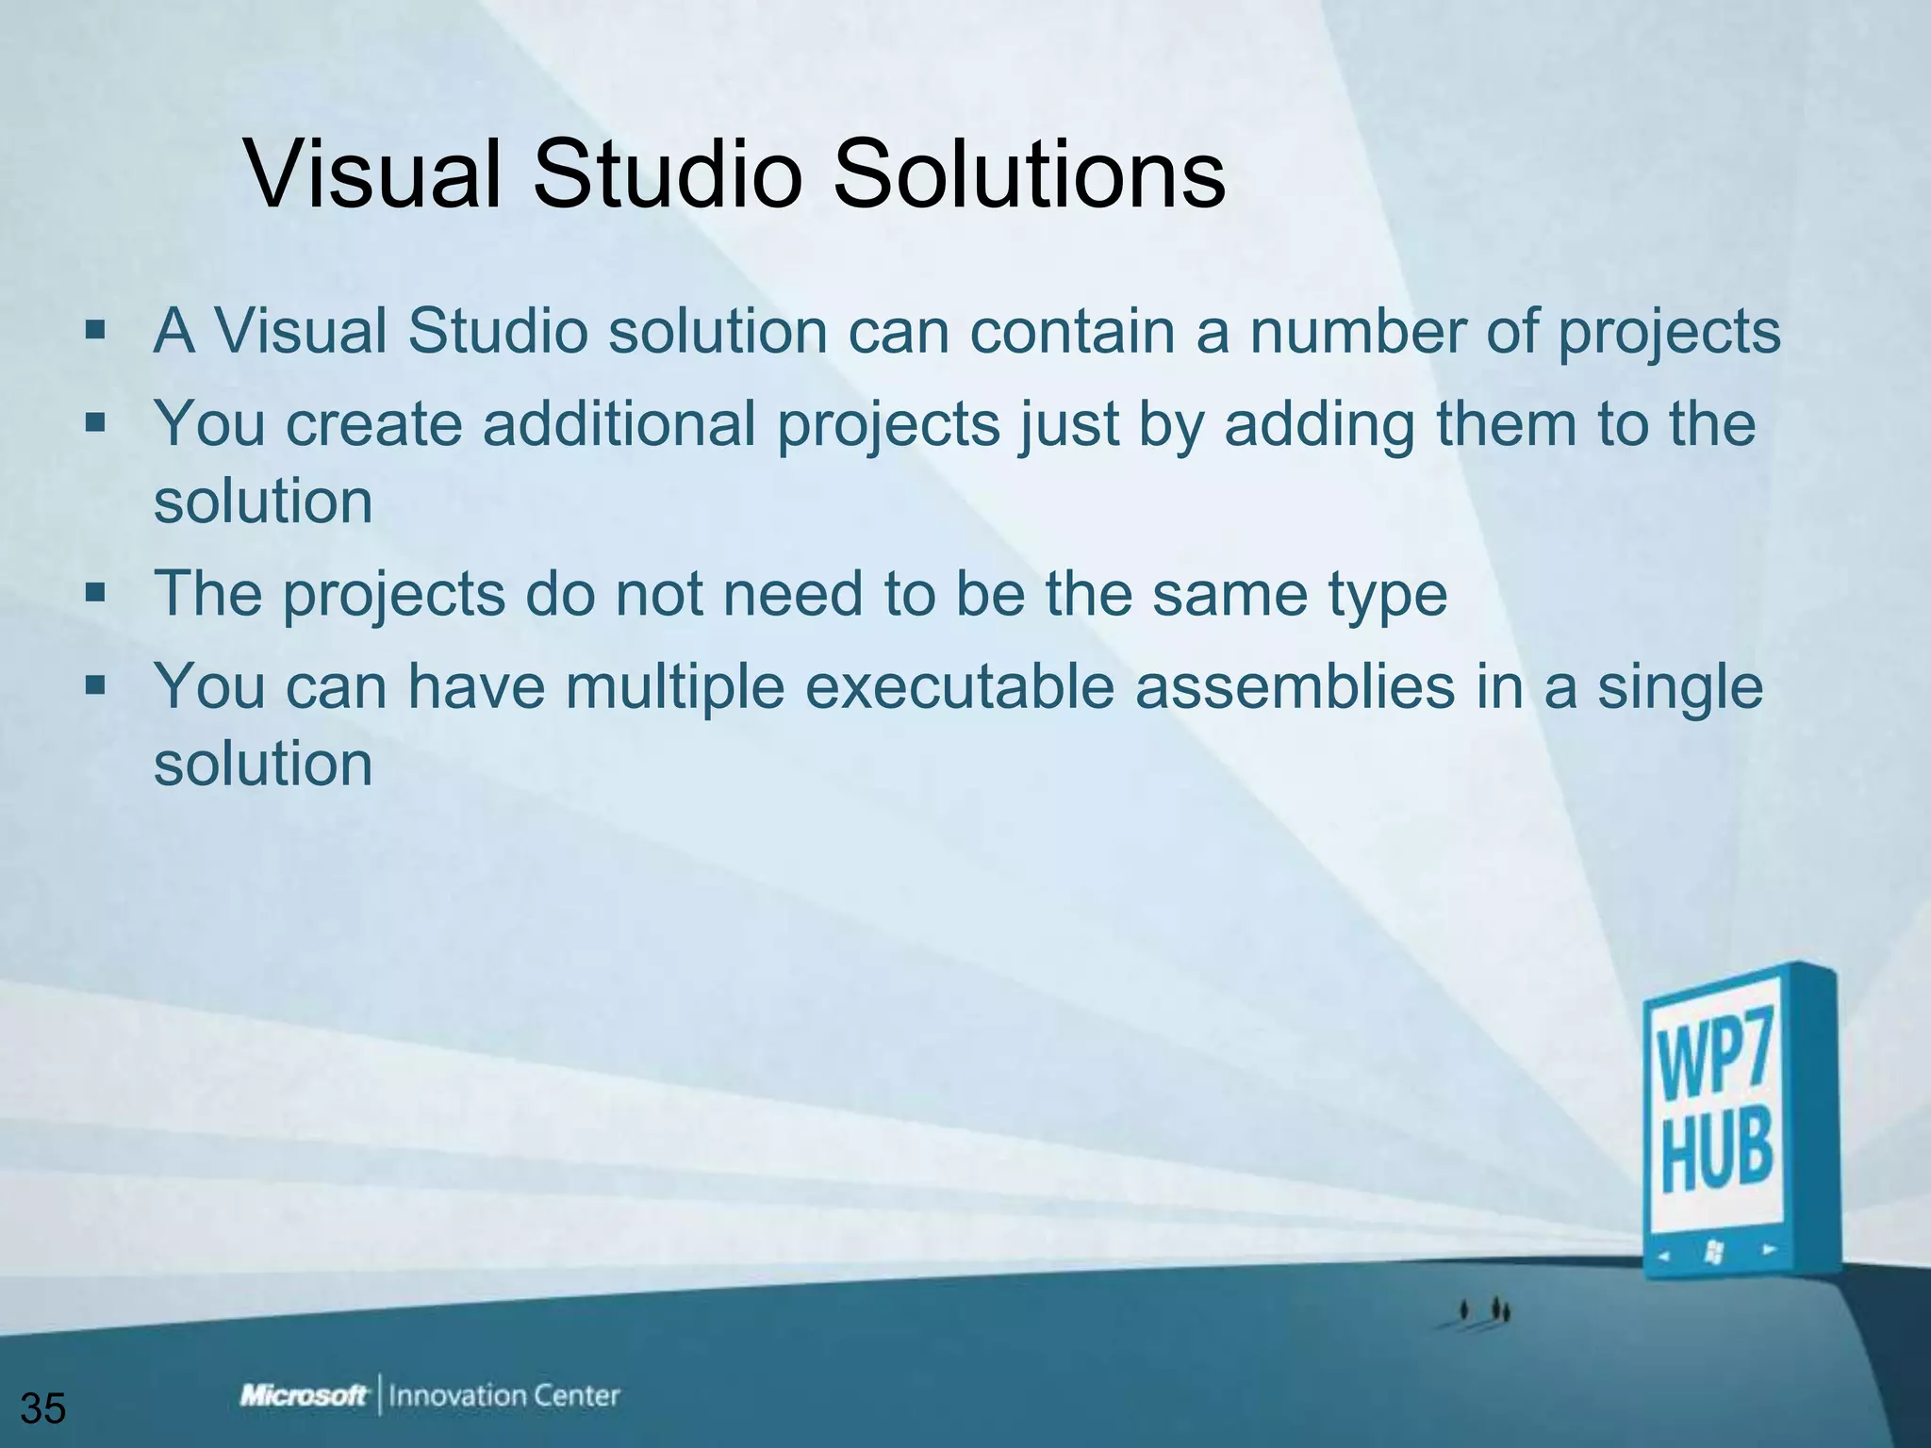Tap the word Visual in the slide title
pyautogui.click(x=372, y=176)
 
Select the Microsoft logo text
pyautogui.click(x=304, y=1396)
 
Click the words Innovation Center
pyautogui.click(x=504, y=1396)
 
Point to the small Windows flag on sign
pyautogui.click(x=1713, y=1252)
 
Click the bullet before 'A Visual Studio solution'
pyautogui.click(x=95, y=332)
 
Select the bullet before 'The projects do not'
pyautogui.click(x=95, y=594)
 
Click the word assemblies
pyautogui.click(x=1295, y=686)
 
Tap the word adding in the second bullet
pyautogui.click(x=1319, y=424)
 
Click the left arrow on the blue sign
pyautogui.click(x=1664, y=1256)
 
